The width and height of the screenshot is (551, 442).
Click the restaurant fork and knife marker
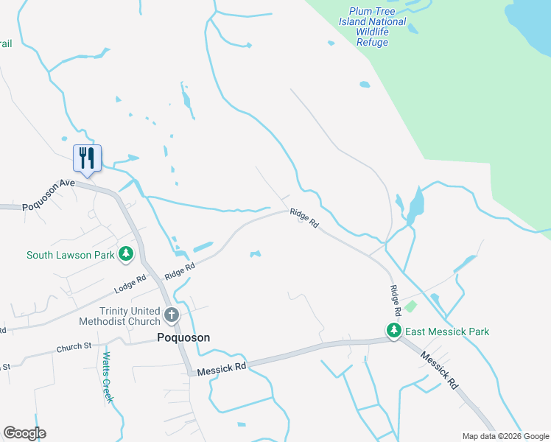(87, 158)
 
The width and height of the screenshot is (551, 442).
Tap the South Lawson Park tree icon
(127, 255)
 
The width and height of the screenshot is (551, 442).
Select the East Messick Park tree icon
(395, 331)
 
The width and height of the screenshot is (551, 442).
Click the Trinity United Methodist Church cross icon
(171, 316)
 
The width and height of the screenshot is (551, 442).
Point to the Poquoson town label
(183, 337)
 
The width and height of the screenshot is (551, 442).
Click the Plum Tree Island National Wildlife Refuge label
(372, 27)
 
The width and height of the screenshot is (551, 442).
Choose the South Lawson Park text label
(71, 256)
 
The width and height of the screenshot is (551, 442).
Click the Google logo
(24, 433)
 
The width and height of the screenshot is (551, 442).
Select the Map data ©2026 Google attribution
(505, 436)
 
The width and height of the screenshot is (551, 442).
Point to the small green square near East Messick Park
(410, 306)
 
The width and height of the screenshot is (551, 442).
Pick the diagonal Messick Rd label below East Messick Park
(440, 370)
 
